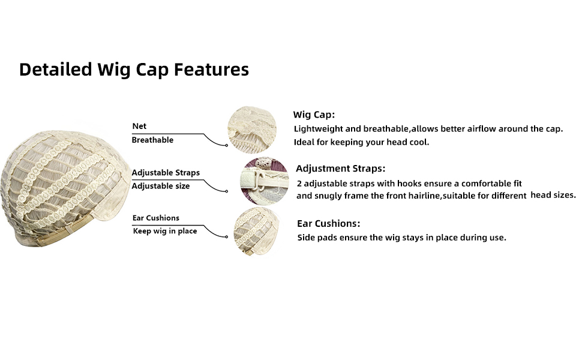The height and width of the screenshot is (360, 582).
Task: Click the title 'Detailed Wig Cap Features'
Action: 134,70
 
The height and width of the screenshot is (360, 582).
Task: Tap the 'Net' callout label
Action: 139,126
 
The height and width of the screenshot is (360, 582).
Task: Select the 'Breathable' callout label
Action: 152,140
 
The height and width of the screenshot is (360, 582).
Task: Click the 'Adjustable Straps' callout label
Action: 166,173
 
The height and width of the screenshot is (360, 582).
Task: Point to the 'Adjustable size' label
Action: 161,186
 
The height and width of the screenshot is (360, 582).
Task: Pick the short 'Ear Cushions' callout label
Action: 156,218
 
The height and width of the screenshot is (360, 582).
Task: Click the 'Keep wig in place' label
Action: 165,231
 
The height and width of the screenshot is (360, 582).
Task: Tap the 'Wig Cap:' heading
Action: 314,115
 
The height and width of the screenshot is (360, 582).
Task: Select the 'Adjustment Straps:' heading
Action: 340,169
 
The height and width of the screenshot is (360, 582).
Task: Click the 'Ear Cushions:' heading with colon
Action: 328,223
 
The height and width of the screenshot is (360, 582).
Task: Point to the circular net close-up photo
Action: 252,130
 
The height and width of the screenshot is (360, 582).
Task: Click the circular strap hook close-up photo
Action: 264,181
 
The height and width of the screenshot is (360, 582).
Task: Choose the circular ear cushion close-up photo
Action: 256,232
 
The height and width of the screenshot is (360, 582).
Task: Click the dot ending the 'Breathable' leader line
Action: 226,145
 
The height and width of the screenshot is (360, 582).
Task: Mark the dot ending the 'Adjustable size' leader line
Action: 226,191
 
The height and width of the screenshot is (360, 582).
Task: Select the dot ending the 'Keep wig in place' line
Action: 226,236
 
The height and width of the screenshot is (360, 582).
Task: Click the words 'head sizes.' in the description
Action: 553,195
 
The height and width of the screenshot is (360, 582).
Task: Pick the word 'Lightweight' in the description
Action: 319,129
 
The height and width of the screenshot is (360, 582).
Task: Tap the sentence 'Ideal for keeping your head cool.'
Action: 362,142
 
